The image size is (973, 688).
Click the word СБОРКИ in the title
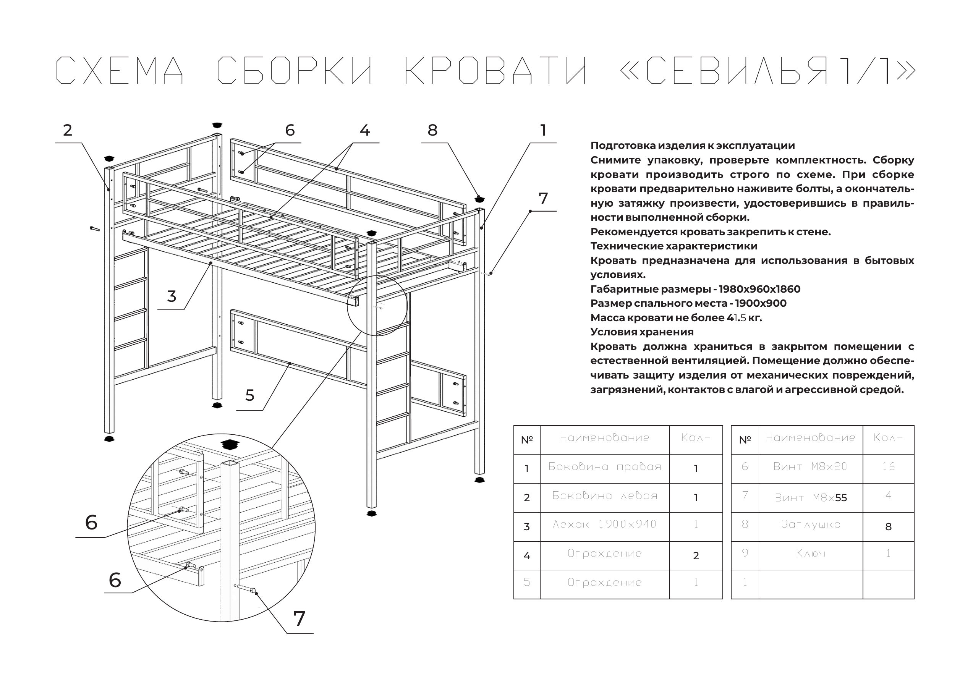click(295, 70)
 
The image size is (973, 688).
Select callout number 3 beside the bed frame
click(171, 296)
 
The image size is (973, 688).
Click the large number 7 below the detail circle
click(299, 619)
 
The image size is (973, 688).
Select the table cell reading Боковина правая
click(604, 467)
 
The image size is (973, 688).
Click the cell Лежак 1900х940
click(604, 524)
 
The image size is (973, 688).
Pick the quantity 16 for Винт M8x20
click(888, 467)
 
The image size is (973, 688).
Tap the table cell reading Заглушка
click(810, 524)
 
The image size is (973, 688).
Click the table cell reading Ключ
click(810, 553)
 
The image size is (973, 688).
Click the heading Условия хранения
click(642, 332)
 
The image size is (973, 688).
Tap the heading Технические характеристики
click(674, 246)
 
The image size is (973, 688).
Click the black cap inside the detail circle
click(230, 445)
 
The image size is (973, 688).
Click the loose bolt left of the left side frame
click(94, 229)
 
